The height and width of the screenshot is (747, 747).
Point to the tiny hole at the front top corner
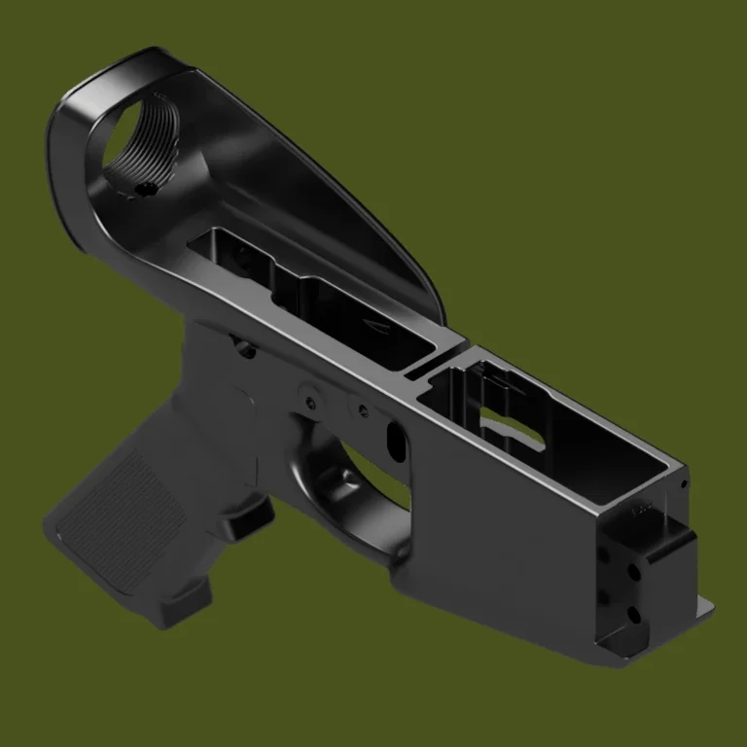point(685,483)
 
